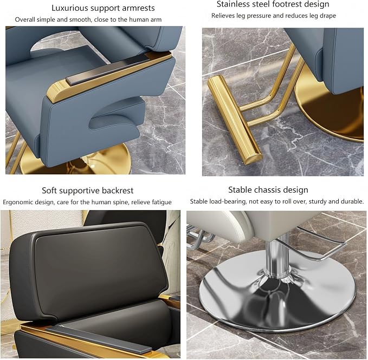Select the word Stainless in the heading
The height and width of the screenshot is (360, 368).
coord(233,4)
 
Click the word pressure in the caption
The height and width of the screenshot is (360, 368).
coord(259,16)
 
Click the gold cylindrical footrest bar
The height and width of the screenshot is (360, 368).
coord(235,120)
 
